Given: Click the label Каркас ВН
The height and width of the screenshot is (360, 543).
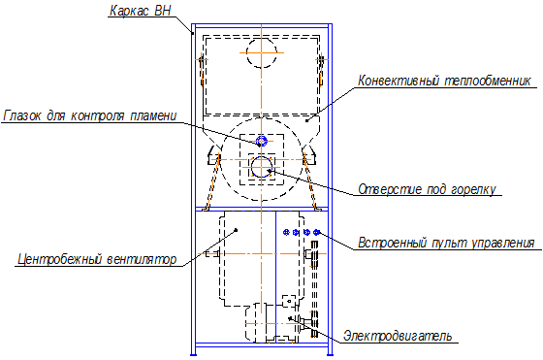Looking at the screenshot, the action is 141,11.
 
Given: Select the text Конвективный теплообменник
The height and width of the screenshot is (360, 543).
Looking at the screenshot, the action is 444,81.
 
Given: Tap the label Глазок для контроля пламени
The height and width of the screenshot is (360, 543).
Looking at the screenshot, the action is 90,115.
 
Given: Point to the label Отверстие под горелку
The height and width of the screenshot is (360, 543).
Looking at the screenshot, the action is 427,189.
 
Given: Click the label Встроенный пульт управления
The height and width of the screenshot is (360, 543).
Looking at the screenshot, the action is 446,243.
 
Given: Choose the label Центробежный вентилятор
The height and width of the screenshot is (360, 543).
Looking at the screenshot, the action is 97,259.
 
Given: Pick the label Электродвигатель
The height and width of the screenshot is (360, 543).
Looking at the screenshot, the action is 398,336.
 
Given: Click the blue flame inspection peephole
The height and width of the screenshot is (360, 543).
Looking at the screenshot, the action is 262,141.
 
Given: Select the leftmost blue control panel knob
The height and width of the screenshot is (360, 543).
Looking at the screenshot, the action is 286,232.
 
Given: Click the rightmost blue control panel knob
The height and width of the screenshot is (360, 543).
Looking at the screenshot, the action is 316,232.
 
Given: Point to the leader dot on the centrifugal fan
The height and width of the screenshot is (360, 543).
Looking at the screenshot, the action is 237,229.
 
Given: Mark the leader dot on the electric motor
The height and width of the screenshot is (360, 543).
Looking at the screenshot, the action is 290,317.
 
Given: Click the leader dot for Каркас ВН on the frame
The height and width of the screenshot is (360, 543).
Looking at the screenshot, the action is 193,33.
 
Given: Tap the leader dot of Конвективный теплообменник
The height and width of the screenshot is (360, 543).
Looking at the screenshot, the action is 307,120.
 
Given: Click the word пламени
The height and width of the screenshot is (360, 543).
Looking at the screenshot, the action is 153,115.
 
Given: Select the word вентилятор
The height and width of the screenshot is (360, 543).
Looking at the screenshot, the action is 142,259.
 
